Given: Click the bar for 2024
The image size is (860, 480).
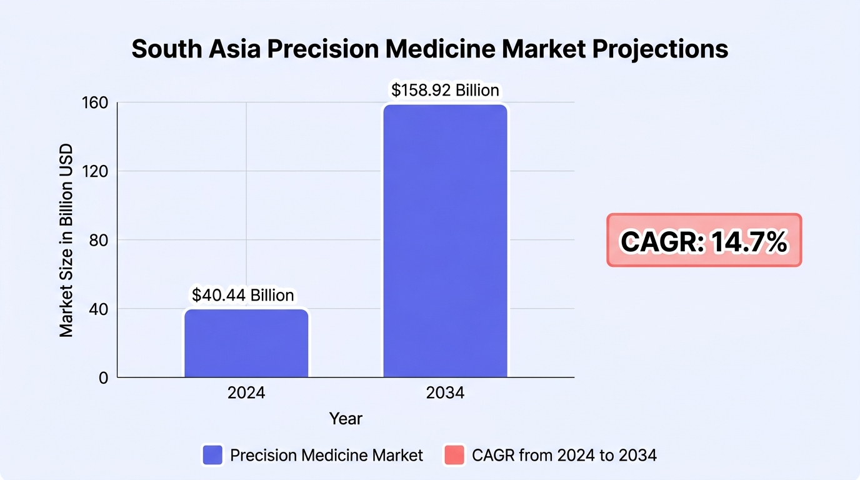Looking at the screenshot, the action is point(246,343).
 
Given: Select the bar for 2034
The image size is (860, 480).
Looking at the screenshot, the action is point(446,241).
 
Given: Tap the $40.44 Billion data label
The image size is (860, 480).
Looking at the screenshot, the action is point(243,295).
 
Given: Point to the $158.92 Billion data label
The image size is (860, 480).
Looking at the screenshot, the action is point(445,90).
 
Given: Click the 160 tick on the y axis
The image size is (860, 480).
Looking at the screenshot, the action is point(95,103).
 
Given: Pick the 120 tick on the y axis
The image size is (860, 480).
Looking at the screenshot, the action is point(95,171).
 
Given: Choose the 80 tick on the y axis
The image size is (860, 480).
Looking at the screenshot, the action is point(98,241).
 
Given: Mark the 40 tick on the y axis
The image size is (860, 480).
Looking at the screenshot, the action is point(98,309).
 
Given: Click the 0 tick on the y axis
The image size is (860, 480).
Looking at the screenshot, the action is point(103,378).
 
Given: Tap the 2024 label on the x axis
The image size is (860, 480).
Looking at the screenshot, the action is point(246,393).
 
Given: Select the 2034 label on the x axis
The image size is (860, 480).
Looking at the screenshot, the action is point(446,393).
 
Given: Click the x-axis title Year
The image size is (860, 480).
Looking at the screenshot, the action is point(346,419).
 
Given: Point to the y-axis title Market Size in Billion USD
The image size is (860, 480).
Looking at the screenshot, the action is point(66,241).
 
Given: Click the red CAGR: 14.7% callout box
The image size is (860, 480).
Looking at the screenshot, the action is point(704,240).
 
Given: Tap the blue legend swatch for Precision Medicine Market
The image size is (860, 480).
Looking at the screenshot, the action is point(212,455).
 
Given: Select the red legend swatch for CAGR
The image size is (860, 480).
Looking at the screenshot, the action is point(454,455).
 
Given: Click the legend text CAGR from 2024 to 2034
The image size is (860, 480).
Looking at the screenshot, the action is point(564,456).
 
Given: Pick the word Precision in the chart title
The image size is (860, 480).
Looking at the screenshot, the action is point(323,49).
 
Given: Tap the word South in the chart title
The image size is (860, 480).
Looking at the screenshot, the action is point(167,49).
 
